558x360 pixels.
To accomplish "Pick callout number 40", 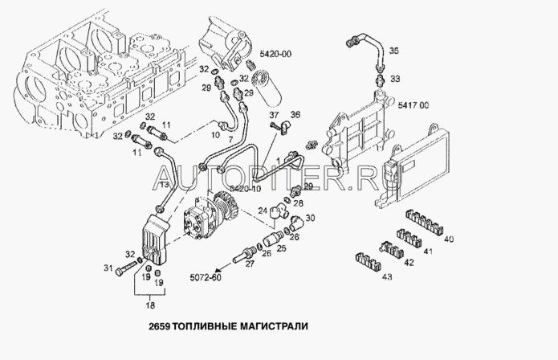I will pyautogui.click(x=448, y=239).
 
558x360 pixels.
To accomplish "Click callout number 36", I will pyautogui.click(x=295, y=115).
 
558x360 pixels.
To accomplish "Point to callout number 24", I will pyautogui.click(x=262, y=211).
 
